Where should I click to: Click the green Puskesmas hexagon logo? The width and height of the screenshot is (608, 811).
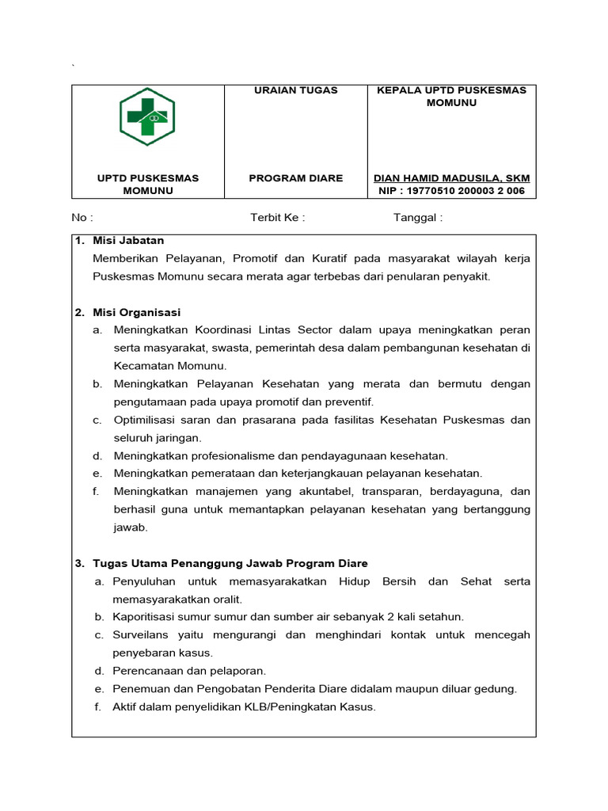click(147, 116)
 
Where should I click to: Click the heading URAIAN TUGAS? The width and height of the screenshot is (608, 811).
click(295, 90)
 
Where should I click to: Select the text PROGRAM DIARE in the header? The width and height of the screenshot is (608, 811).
click(295, 178)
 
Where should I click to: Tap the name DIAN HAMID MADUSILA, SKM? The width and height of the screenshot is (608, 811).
click(451, 178)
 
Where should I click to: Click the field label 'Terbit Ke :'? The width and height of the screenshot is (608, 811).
click(277, 218)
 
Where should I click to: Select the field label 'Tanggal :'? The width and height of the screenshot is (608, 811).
click(418, 218)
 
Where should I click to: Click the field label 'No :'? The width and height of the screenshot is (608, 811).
click(82, 218)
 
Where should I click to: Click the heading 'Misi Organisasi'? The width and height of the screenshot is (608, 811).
click(136, 312)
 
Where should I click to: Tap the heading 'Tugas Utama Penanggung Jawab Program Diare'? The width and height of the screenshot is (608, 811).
click(230, 563)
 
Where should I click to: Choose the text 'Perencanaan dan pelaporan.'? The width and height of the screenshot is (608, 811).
click(189, 671)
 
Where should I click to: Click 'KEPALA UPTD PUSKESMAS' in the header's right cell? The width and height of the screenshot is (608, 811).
click(451, 90)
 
